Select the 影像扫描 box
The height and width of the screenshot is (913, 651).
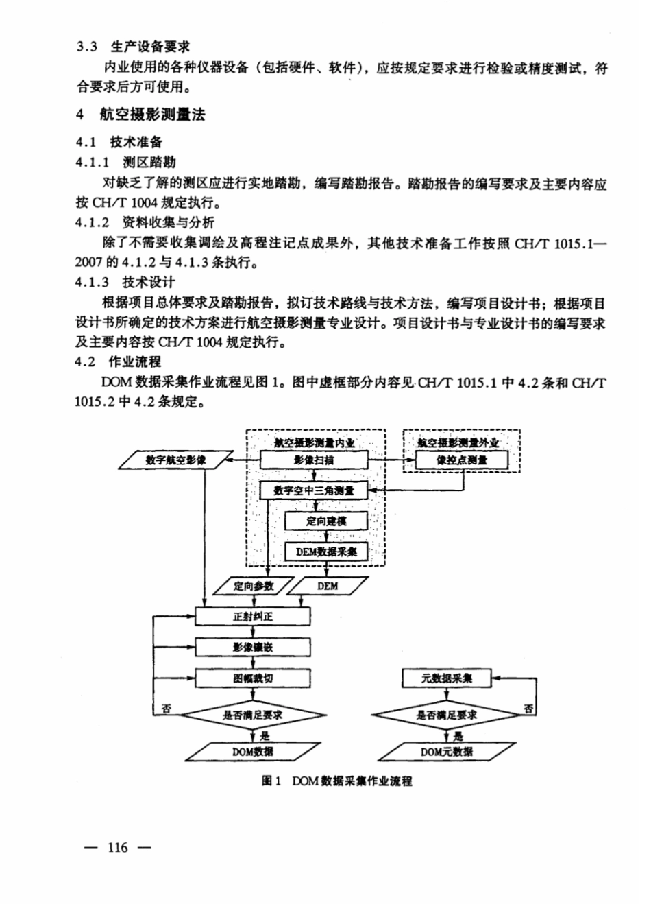point(314,460)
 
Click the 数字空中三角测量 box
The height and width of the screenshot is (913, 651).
point(314,490)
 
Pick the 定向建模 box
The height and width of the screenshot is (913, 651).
point(326,521)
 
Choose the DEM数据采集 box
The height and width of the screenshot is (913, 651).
point(326,552)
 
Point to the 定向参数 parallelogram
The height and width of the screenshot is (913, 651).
point(254,586)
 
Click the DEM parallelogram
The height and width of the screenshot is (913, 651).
point(327,586)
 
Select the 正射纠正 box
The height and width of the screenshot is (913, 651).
point(253,617)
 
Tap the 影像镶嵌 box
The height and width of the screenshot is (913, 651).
point(253,647)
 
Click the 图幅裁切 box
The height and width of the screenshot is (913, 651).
point(253,678)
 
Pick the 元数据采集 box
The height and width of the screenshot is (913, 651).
point(447,678)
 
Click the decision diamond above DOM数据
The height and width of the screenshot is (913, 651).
point(253,715)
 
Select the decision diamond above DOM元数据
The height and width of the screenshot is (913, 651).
point(447,715)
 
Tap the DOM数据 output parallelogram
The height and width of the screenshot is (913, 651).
point(253,752)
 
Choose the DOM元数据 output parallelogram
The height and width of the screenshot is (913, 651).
point(447,752)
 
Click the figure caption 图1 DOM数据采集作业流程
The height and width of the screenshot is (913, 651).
point(337,781)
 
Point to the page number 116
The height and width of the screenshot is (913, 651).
point(117,848)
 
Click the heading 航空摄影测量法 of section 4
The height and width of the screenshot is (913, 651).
point(152,115)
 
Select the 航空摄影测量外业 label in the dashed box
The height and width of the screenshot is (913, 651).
point(459,443)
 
